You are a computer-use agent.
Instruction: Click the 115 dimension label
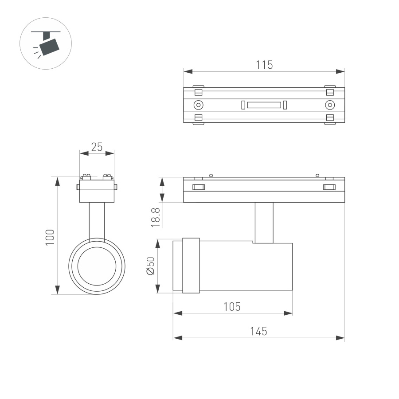click(x=264, y=65)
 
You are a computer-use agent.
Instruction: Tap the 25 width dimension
click(x=97, y=147)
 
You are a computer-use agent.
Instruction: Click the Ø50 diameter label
click(x=150, y=266)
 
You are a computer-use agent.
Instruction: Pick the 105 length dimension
click(x=232, y=306)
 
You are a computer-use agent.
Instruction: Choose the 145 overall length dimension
click(x=258, y=331)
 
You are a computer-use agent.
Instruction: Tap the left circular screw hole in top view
click(x=198, y=105)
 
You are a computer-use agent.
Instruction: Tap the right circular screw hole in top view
click(x=329, y=105)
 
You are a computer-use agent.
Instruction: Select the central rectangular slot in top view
click(x=264, y=105)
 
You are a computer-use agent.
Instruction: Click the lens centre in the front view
click(x=97, y=266)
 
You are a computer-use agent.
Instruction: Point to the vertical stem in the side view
click(x=264, y=223)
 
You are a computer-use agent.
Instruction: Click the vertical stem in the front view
click(x=97, y=221)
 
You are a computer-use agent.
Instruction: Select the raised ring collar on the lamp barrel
click(x=191, y=265)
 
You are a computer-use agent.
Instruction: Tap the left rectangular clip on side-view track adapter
click(x=198, y=187)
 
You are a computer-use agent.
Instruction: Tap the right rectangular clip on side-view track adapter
click(x=329, y=187)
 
